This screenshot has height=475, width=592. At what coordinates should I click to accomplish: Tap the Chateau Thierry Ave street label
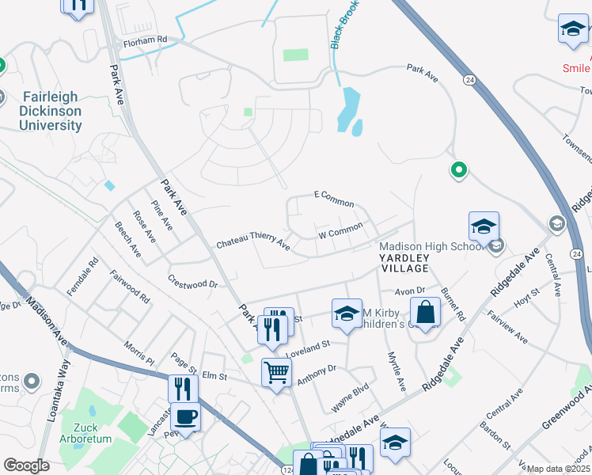(x=253, y=240)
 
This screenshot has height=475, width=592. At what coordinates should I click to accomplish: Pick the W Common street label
(x=340, y=231)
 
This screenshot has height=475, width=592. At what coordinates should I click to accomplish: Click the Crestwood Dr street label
(x=192, y=282)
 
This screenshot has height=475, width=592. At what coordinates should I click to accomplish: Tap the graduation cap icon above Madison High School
(x=484, y=226)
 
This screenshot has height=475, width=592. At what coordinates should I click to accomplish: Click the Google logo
(x=26, y=465)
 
